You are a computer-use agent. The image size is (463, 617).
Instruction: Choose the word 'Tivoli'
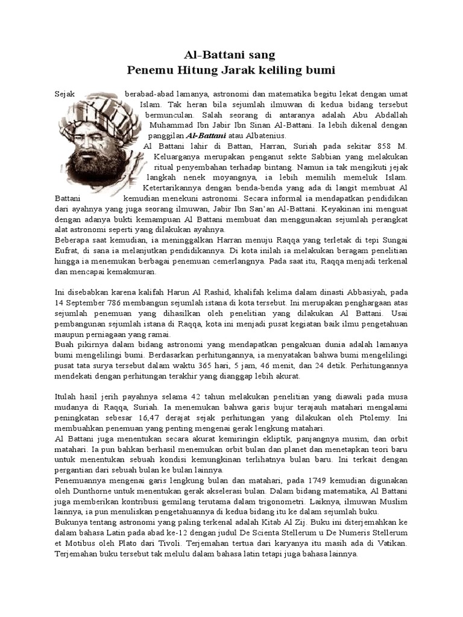(x=163, y=542)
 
